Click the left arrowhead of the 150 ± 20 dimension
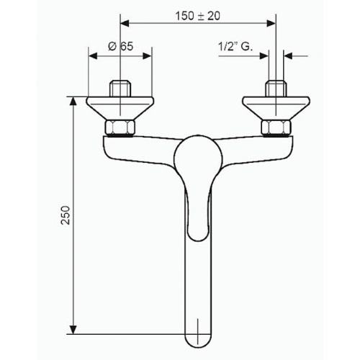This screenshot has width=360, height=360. tap(123, 24)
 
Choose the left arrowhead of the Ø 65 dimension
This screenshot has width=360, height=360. tap(91, 55)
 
